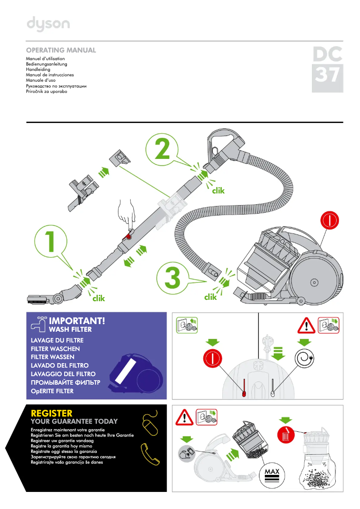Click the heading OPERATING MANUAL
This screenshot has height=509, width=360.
(x=61, y=50)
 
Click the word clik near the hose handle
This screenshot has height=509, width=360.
(x=218, y=191)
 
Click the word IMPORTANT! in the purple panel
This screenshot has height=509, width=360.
(x=77, y=321)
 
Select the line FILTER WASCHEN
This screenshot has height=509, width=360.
(x=55, y=349)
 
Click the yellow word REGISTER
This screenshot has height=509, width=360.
(x=52, y=413)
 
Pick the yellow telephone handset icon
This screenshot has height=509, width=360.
(x=150, y=454)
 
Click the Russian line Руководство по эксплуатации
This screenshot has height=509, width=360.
(x=56, y=86)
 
